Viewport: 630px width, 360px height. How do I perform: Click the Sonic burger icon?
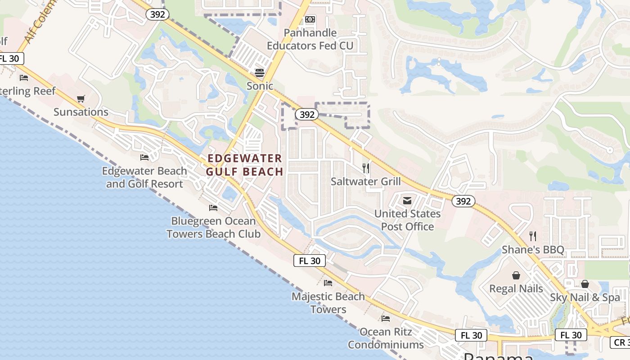tap(260, 72)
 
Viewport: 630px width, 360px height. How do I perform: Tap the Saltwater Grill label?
tap(365, 181)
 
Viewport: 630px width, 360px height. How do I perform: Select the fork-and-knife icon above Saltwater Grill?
tap(366, 168)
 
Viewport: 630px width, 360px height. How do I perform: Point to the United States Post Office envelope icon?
tap(407, 201)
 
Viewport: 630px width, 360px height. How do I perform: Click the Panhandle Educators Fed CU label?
tap(310, 39)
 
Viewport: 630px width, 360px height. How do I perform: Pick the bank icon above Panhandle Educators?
tap(310, 19)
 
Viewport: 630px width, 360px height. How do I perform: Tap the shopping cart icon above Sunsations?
tap(81, 99)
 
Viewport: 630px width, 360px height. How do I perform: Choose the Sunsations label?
tap(81, 112)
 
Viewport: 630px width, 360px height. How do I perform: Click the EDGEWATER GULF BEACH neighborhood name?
tap(245, 165)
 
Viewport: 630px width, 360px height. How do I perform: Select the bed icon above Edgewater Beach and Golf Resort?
tap(144, 157)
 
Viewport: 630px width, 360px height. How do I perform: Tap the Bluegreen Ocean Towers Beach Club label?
tap(213, 227)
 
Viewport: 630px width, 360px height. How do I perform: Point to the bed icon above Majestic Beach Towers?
tap(328, 283)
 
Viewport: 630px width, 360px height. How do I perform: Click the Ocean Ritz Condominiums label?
tap(386, 338)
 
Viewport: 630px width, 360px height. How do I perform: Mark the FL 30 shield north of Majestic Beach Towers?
tap(310, 261)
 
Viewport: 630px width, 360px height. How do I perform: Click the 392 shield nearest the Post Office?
tap(463, 201)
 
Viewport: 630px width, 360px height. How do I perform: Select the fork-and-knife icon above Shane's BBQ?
tap(533, 236)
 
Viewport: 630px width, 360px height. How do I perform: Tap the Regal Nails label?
tap(516, 288)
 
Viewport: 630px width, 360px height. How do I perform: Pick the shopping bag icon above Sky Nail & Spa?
tap(585, 284)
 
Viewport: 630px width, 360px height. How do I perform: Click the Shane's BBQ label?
tap(533, 249)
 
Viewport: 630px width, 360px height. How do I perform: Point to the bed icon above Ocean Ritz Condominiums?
tap(386, 319)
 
